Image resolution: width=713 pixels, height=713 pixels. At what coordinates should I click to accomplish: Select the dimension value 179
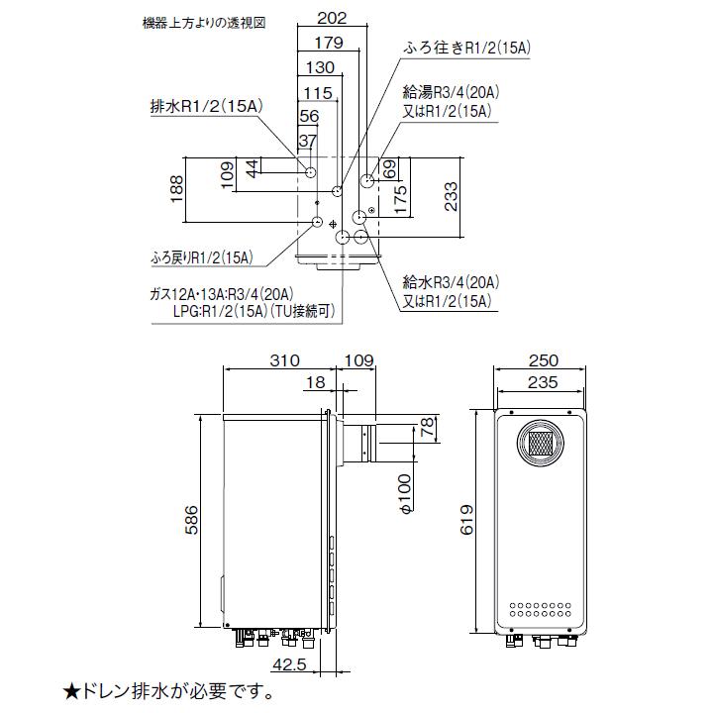[327, 43]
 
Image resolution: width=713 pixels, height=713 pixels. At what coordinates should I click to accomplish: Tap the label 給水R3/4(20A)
[450, 282]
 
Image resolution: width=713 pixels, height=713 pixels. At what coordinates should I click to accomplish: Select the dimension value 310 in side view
[282, 361]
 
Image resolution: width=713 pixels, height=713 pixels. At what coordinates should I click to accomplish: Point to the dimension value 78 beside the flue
[426, 428]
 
